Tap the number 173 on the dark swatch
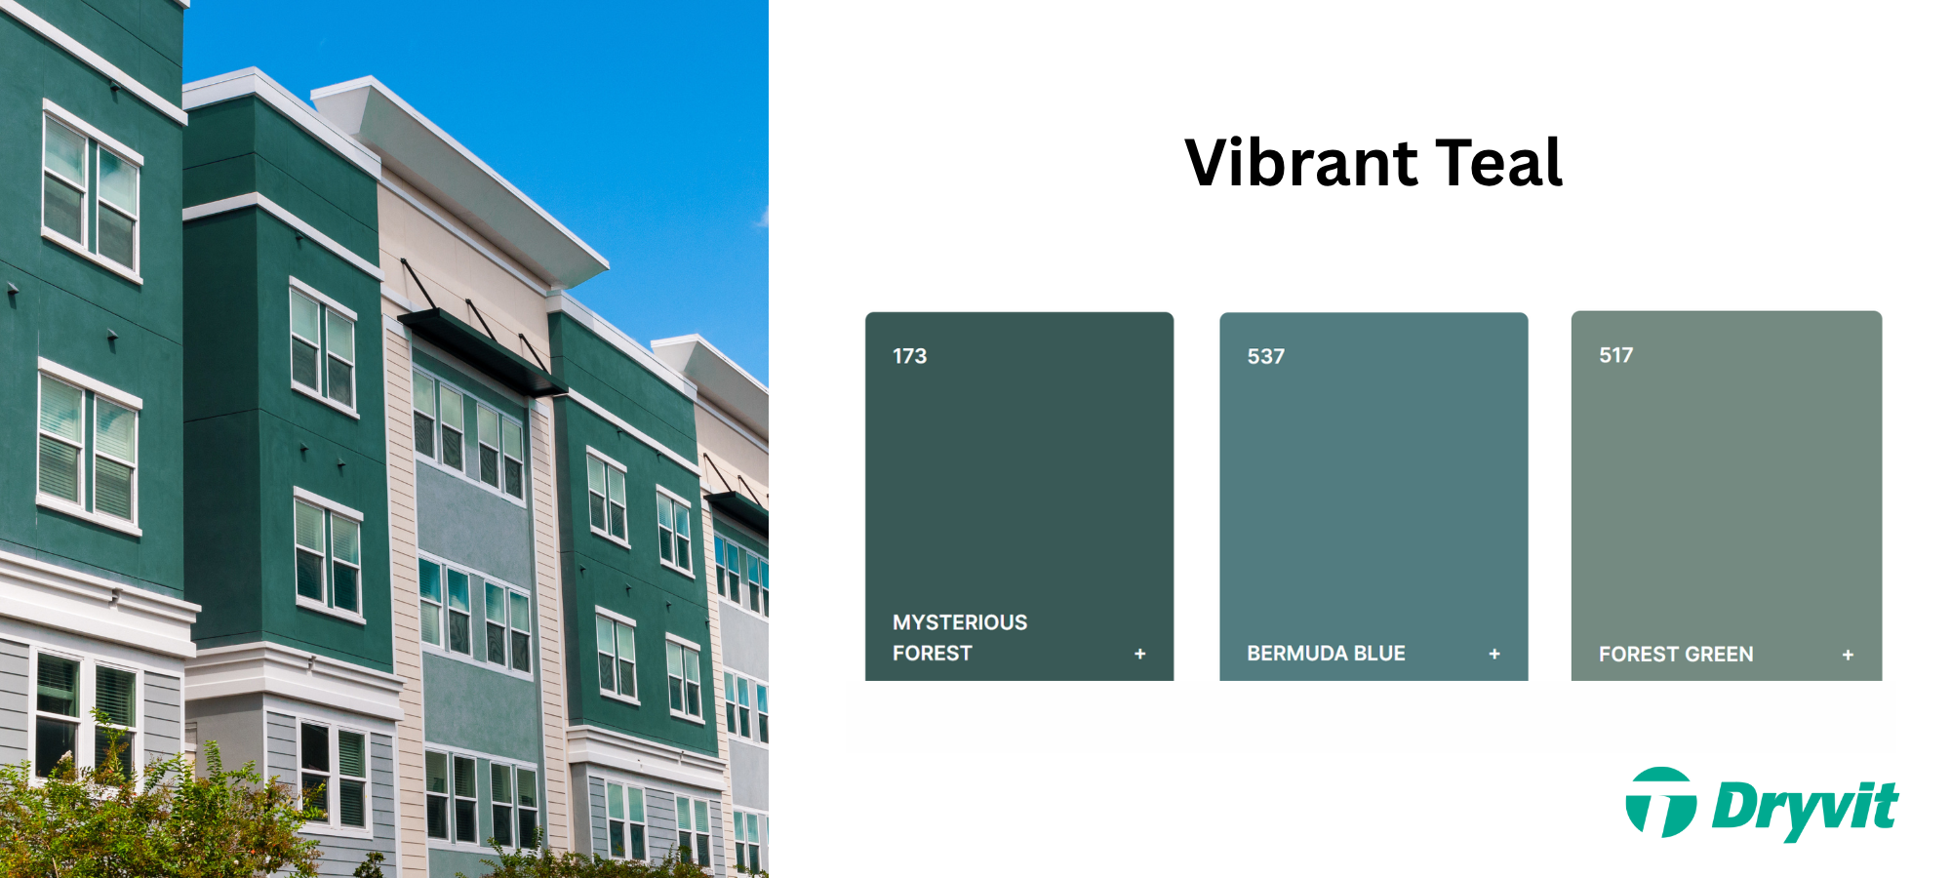pos(909,356)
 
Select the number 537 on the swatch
pos(1265,357)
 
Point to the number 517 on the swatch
pos(1615,355)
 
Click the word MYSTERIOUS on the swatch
pos(960,622)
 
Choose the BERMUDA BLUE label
pos(1326,654)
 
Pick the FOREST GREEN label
pos(1675,655)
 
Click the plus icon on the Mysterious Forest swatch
pos(1139,654)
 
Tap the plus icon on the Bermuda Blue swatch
pos(1493,654)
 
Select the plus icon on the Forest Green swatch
pos(1847,655)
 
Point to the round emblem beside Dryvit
pos(1660,803)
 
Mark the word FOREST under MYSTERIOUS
pos(932,654)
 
